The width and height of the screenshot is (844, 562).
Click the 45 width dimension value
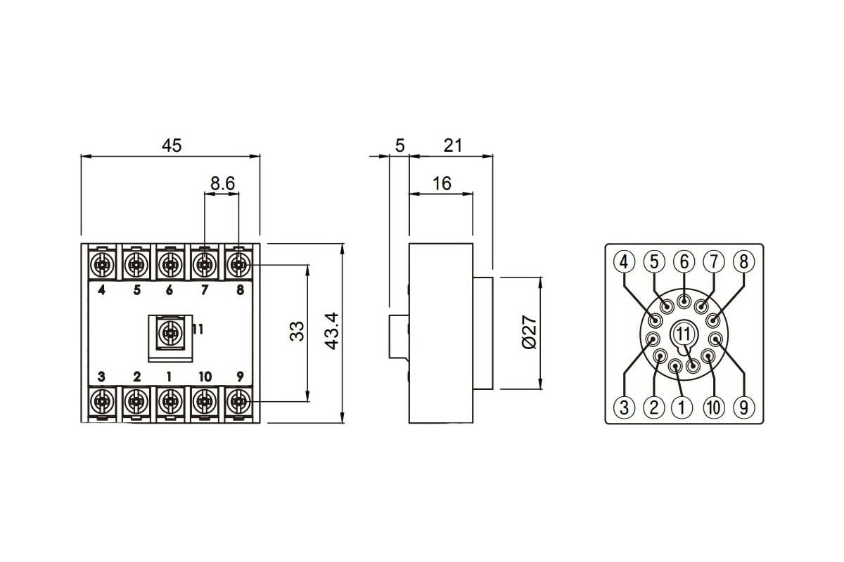coord(172,145)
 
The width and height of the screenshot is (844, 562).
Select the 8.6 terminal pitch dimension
coord(222,183)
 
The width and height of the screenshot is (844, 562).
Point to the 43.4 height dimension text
coord(332,331)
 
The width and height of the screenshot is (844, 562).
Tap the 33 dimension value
coord(297,332)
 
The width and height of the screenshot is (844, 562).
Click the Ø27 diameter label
coord(530,332)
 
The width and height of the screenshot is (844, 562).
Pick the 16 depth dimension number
coord(442,183)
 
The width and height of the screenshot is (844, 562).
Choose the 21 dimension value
coord(452,145)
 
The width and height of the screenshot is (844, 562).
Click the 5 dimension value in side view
coord(399,145)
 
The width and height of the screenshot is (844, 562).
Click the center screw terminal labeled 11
coord(170,333)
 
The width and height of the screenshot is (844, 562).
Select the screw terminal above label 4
coord(102,265)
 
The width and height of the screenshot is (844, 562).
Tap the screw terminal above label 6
coord(170,265)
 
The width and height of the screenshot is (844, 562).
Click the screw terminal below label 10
coord(204,402)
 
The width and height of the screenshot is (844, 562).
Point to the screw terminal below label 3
coord(102,402)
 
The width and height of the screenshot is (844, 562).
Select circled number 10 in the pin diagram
coord(714,407)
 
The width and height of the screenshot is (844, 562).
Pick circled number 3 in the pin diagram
coord(625,407)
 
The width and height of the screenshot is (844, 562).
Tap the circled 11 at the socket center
coord(684,334)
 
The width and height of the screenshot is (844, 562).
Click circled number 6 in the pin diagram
coord(684,261)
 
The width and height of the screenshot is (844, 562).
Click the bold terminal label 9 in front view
coord(240,376)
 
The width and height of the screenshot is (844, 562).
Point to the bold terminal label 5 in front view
coord(136,290)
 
